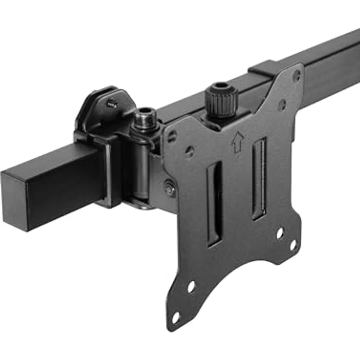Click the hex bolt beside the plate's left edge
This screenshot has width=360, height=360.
click(x=169, y=188)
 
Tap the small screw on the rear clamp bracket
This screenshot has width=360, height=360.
click(x=112, y=103)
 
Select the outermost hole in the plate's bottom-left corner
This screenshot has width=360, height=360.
click(x=175, y=317)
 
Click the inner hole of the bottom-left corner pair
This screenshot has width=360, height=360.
click(x=191, y=286)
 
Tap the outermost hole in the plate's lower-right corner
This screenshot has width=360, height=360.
click(x=293, y=245)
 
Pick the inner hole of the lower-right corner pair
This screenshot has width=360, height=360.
click(x=279, y=233)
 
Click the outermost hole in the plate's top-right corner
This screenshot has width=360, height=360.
click(x=296, y=76)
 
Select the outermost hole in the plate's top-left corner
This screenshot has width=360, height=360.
click(x=172, y=137)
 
